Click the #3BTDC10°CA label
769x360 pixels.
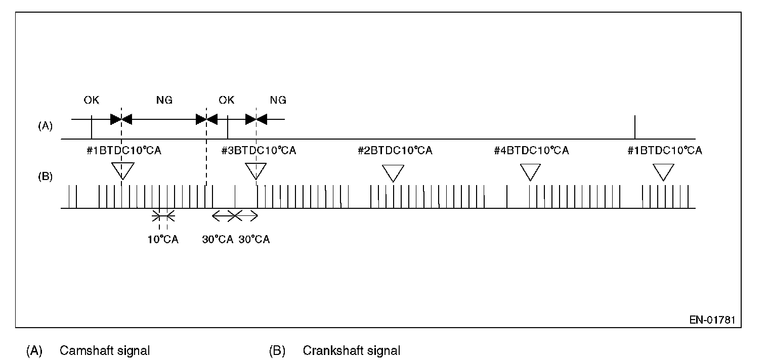(259, 151)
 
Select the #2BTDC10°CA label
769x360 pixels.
(395, 151)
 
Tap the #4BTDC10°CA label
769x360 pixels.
(531, 151)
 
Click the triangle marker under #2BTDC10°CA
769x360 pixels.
(393, 172)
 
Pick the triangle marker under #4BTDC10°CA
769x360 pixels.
(531, 172)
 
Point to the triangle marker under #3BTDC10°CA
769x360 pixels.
(256, 171)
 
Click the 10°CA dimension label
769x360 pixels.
(163, 239)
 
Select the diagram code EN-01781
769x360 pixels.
(712, 320)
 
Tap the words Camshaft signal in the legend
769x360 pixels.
(105, 350)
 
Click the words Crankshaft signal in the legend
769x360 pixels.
(352, 350)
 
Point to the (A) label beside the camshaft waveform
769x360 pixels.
(46, 126)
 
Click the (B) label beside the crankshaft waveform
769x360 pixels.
(46, 177)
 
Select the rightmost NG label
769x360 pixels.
(278, 100)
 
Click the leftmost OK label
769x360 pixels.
(92, 100)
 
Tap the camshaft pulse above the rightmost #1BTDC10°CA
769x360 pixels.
(634, 127)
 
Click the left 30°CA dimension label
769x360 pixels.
(218, 239)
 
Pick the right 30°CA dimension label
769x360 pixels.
(254, 239)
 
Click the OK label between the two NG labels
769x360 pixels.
(226, 100)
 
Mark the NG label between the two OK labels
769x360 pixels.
(164, 100)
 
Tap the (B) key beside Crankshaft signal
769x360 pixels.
(277, 350)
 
